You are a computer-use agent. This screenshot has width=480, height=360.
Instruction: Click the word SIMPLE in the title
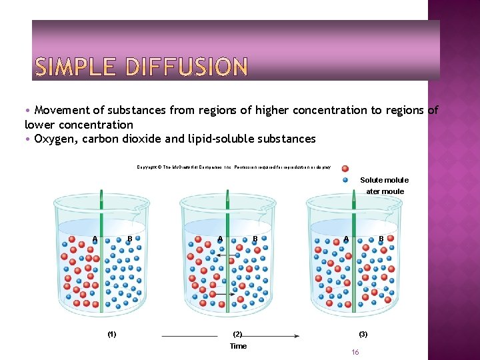(x=73, y=67)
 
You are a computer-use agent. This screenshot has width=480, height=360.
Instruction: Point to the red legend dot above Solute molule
(x=345, y=169)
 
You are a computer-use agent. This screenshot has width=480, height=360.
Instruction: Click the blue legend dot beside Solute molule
(x=345, y=179)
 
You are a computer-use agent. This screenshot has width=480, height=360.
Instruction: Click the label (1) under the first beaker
(x=112, y=333)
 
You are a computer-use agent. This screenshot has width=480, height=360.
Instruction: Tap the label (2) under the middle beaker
(x=237, y=333)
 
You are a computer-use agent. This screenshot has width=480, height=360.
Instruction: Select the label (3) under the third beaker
(x=363, y=333)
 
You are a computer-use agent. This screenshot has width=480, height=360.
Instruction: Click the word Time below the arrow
(x=238, y=346)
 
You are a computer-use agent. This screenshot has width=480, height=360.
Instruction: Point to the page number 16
(x=355, y=352)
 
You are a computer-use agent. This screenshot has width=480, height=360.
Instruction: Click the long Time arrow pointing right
(x=273, y=335)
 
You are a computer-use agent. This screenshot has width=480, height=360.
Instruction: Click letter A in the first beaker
(x=95, y=239)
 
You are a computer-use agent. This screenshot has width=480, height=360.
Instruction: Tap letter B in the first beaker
(x=129, y=239)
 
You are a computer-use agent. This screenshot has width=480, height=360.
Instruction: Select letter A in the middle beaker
(x=220, y=239)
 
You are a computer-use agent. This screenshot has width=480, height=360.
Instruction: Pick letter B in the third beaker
(x=381, y=238)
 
